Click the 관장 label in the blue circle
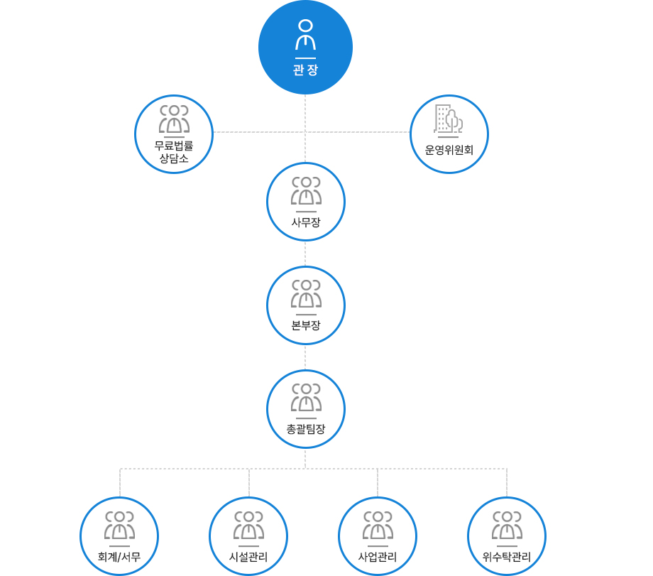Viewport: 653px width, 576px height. (305, 70)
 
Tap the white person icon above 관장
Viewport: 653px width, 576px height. (305, 35)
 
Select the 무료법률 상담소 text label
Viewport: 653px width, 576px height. (174, 152)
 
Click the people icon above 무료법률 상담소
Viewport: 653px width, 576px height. (174, 119)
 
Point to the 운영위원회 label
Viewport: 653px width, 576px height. (449, 150)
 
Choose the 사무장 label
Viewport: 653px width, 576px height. (306, 222)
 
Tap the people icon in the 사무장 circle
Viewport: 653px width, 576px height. (306, 191)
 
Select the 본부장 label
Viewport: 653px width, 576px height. (306, 325)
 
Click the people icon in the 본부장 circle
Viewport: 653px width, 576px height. (306, 294)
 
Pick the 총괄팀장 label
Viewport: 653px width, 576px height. (306, 428)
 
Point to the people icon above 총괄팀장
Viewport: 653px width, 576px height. (306, 397)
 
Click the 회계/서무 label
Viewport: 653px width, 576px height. (119, 556)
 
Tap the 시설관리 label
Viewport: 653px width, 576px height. (248, 556)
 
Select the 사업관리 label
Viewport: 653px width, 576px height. (378, 556)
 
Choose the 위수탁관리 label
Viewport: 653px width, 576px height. (507, 556)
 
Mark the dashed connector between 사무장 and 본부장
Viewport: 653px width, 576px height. (305, 254)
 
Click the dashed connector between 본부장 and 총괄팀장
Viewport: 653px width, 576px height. (305, 357)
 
